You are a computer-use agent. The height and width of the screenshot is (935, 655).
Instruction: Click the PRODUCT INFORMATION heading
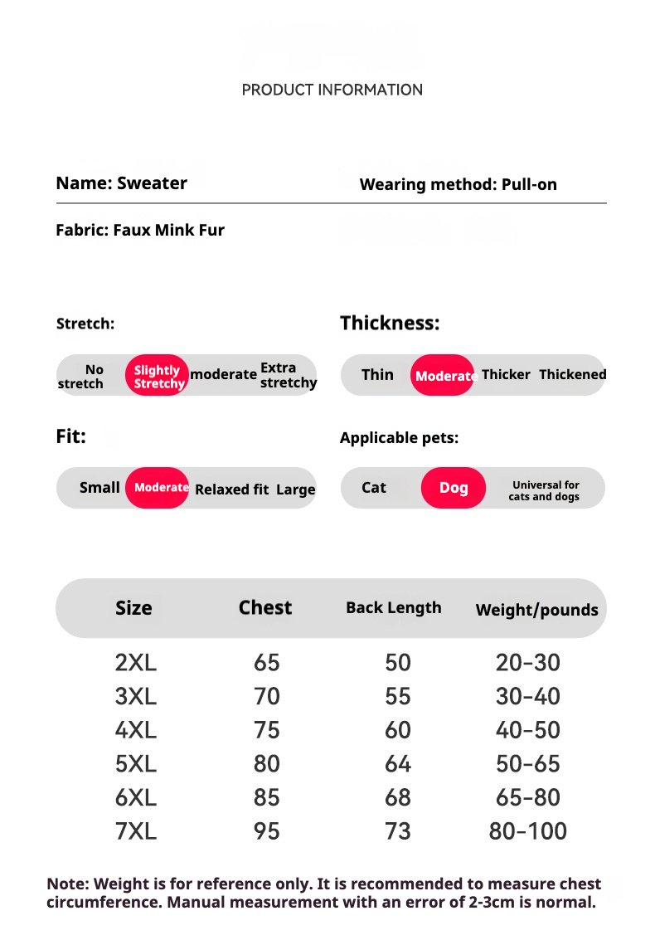click(x=332, y=90)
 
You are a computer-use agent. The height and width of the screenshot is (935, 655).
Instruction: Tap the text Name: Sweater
click(x=121, y=183)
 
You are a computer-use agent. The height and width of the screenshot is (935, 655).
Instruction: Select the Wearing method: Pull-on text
click(x=458, y=184)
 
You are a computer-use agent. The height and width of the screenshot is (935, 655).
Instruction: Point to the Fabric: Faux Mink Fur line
click(x=140, y=230)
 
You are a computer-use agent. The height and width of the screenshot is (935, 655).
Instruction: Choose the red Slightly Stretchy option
click(x=158, y=376)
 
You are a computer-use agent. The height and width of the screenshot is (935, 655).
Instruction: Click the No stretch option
click(x=82, y=377)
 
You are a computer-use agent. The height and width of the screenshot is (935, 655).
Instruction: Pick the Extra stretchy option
click(x=288, y=375)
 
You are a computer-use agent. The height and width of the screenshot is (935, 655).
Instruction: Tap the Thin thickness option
click(x=377, y=374)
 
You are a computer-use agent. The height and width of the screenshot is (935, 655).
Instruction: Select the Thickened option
click(x=572, y=374)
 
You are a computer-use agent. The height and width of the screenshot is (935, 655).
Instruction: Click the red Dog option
click(x=454, y=488)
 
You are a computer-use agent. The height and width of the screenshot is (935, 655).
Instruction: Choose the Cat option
click(x=374, y=488)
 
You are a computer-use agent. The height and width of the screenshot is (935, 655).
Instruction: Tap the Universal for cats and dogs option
click(x=545, y=490)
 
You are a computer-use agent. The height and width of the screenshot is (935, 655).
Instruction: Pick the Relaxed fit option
click(x=231, y=489)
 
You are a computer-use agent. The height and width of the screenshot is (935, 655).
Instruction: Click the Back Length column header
click(x=393, y=607)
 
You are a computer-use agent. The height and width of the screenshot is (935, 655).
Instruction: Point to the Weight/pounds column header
click(x=536, y=610)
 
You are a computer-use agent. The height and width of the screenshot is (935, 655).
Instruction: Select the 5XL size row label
click(x=135, y=763)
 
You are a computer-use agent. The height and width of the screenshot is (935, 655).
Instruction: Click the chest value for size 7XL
click(x=267, y=830)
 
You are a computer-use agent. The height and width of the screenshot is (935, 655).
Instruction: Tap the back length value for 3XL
click(x=398, y=696)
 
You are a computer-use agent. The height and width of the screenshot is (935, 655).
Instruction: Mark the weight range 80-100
click(x=528, y=830)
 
